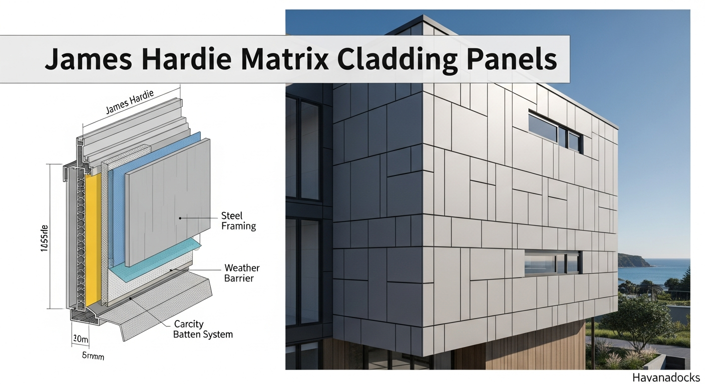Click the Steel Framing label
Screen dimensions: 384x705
238,221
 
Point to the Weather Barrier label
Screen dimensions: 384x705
242,273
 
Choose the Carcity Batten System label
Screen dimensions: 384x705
203,329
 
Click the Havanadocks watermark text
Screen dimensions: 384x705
666,377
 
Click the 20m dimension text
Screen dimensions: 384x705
80,339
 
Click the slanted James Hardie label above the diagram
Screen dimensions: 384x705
129,103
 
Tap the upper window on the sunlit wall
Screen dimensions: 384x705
555,131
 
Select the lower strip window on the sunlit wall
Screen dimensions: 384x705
552,261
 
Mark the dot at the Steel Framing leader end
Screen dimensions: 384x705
180,218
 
